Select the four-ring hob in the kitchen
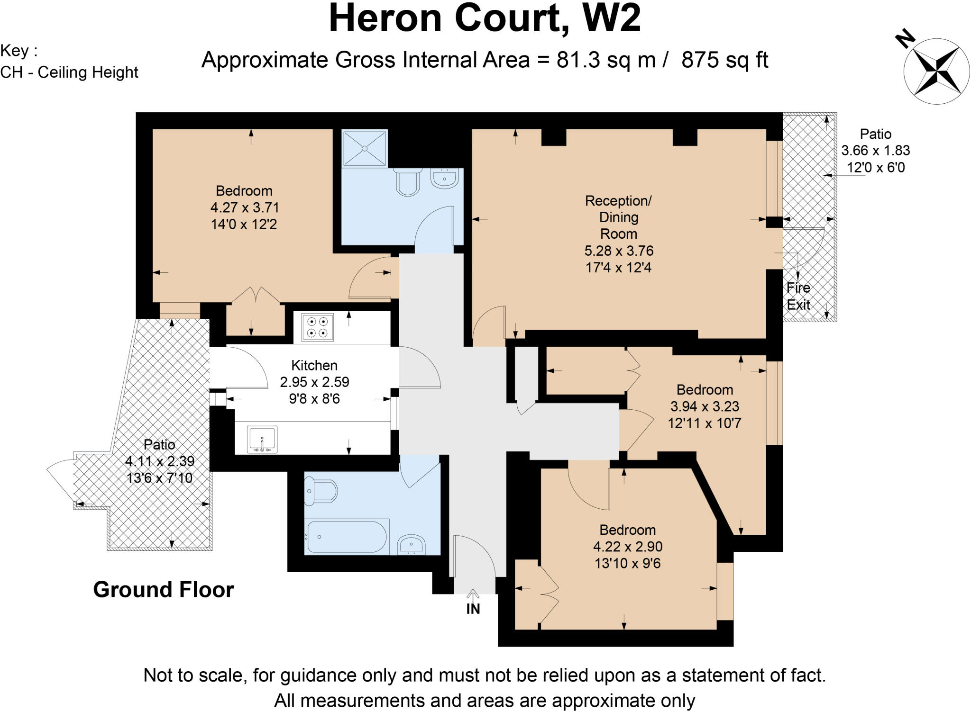[x=317, y=327]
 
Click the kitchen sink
[x=262, y=439]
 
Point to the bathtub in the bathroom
[x=347, y=537]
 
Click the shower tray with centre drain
[x=365, y=148]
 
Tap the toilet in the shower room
[x=408, y=182]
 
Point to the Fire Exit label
[x=798, y=296]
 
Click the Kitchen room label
[x=314, y=365]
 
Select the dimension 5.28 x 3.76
[x=619, y=251]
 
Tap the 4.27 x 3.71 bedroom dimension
[x=245, y=207]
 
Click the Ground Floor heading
[x=164, y=590]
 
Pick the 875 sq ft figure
[x=724, y=61]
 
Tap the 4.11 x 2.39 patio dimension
[x=160, y=461]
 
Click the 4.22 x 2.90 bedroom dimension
[x=627, y=546]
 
